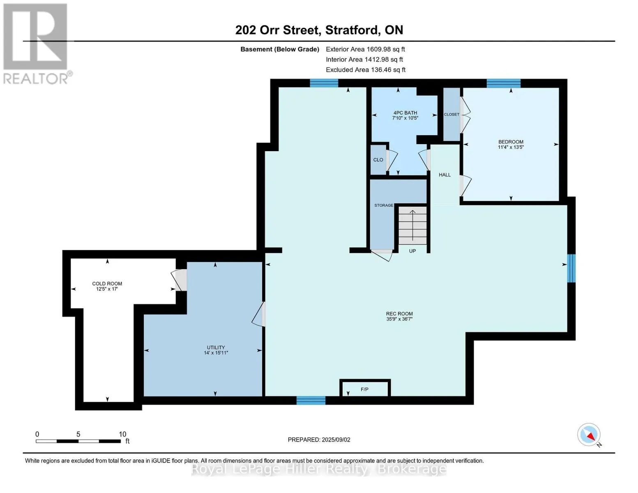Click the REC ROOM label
(399, 313)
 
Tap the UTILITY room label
(216, 348)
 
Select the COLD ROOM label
(107, 283)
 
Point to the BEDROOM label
(511, 142)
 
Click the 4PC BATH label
(405, 113)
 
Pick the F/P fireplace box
(365, 388)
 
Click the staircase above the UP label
(412, 226)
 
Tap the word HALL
(445, 175)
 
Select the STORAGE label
(384, 205)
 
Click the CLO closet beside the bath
(378, 160)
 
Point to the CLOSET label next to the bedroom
(451, 114)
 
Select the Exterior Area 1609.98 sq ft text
(365, 49)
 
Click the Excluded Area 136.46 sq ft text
(366, 70)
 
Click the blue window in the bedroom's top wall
(504, 83)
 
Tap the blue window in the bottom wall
(311, 400)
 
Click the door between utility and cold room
(180, 280)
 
